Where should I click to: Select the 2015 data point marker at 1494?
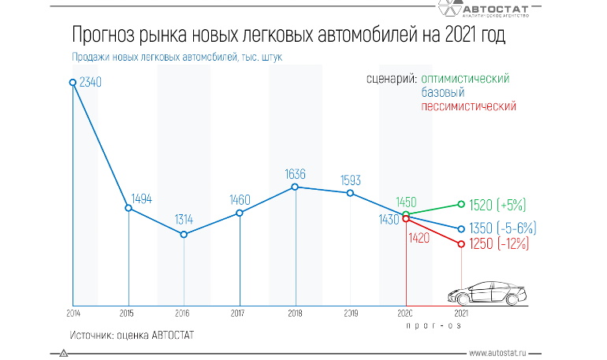click(x=128, y=208)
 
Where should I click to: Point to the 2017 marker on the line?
click(x=239, y=213)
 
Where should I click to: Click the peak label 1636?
click(x=295, y=173)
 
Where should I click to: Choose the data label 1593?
click(x=350, y=180)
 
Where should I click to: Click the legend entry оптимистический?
click(x=465, y=79)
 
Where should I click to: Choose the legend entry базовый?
click(x=442, y=92)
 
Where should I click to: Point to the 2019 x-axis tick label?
click(x=351, y=313)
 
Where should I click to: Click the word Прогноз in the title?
click(x=104, y=35)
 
